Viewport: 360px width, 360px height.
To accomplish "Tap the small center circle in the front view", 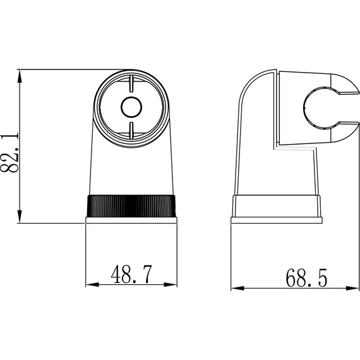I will (131, 108).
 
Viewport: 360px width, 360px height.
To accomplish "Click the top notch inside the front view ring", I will (131, 83).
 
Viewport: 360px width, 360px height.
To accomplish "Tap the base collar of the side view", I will (277, 206).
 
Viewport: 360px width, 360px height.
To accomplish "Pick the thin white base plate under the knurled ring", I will (131, 220).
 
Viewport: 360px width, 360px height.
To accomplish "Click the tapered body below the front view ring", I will (131, 167).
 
